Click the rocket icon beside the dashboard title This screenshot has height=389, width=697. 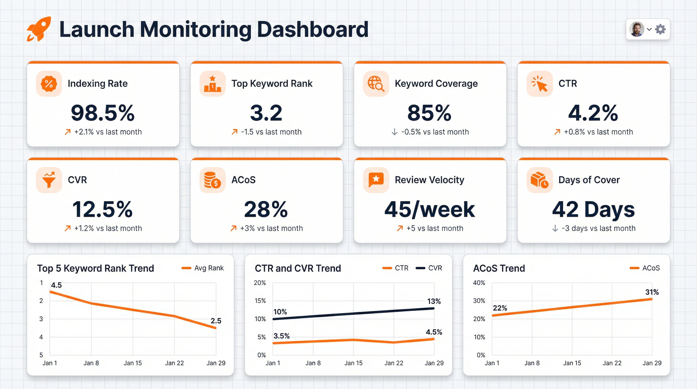point(39,29)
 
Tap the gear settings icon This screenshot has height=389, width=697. point(661,29)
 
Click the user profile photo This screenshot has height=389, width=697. point(636,29)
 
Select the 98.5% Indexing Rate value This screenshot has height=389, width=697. point(103,113)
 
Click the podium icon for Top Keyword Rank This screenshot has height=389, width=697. point(212,84)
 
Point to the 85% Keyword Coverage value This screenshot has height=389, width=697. point(429,113)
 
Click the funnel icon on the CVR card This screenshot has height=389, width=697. point(49,180)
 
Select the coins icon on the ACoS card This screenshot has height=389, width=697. point(212,180)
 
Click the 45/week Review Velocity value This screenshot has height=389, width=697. point(429,210)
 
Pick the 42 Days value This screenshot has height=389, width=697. point(593,210)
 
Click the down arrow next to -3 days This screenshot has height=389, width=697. point(555,228)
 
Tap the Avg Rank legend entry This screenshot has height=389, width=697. point(203,268)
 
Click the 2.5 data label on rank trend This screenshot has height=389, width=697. point(216,321)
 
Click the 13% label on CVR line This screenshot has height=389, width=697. point(434,301)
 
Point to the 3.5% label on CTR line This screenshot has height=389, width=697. point(281,336)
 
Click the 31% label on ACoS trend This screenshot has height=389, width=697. point(652,292)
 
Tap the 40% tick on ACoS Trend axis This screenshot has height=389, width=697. point(479,283)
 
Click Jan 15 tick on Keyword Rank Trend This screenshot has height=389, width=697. point(132,363)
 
